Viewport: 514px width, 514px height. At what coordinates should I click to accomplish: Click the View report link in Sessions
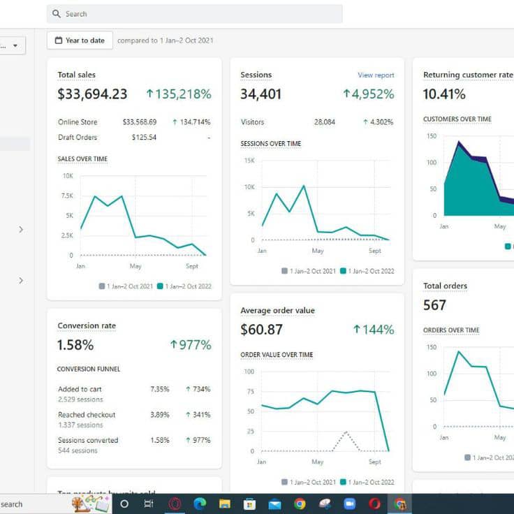pyautogui.click(x=376, y=75)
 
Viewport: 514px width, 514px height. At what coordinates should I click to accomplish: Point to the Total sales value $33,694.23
pyautogui.click(x=92, y=94)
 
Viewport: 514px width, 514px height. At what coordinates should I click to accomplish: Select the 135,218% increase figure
pyautogui.click(x=178, y=94)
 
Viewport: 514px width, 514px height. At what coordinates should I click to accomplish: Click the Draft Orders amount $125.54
pyautogui.click(x=144, y=138)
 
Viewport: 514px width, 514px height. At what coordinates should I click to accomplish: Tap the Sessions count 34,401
pyautogui.click(x=260, y=94)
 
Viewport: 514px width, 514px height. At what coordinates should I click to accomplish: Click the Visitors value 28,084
pyautogui.click(x=324, y=122)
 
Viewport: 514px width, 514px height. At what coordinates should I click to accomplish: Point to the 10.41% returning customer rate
pyautogui.click(x=444, y=94)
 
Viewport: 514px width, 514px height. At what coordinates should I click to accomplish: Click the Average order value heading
pyautogui.click(x=277, y=311)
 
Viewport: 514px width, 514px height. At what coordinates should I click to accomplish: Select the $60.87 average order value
pyautogui.click(x=261, y=330)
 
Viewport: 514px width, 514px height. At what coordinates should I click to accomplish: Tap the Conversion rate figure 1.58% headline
pyautogui.click(x=75, y=345)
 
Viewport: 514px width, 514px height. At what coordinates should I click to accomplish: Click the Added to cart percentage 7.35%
pyautogui.click(x=159, y=389)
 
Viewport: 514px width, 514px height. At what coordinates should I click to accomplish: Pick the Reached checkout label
pyautogui.click(x=87, y=415)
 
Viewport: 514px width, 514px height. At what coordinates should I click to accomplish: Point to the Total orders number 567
pyautogui.click(x=434, y=305)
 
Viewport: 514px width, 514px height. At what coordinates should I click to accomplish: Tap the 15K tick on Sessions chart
pyautogui.click(x=249, y=161)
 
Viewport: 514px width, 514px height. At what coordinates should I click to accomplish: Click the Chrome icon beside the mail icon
pyautogui.click(x=300, y=504)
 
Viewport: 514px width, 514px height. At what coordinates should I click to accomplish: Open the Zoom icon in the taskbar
pyautogui.click(x=349, y=504)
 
